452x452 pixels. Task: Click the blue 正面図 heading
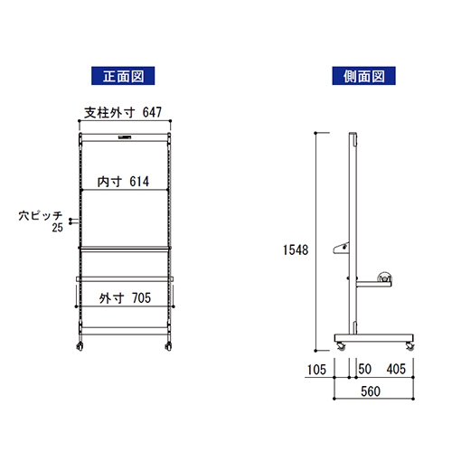click(123, 76)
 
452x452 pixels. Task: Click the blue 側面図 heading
click(363, 76)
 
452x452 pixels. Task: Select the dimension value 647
click(152, 112)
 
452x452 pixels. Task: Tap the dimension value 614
click(139, 182)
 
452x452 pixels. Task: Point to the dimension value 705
click(141, 298)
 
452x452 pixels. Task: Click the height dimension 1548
click(296, 250)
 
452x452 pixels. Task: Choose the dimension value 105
click(316, 370)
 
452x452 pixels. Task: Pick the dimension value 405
click(396, 369)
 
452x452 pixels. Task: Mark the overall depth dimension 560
click(371, 391)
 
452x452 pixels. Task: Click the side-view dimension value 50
click(365, 369)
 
